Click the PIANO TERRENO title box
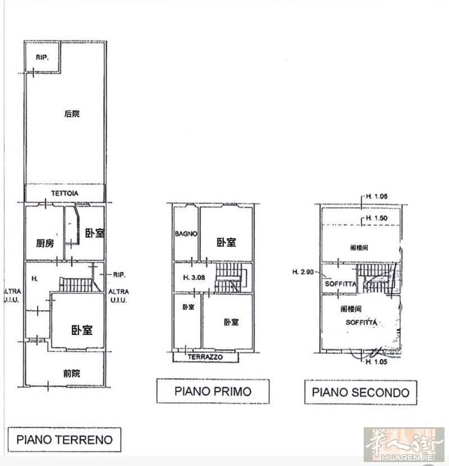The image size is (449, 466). coord(65,439)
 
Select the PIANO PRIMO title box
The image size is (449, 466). coord(213,391)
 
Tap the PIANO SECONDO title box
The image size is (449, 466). coord(360,392)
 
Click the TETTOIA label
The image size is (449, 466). coord(65,193)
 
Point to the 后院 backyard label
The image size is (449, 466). coord(72,114)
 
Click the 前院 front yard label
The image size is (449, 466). coord(71,373)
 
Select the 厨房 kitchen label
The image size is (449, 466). coord(45,243)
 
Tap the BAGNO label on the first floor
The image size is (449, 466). coord(186,234)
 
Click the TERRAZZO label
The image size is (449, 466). coord(205,357)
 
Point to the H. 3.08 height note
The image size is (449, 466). coord(194,278)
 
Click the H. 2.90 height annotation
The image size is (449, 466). coord(303,272)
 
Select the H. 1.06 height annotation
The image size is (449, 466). coord(377,196)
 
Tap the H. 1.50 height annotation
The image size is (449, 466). coord(377,218)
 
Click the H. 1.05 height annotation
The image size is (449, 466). coord(377,361)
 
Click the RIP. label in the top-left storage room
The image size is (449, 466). coord(42,57)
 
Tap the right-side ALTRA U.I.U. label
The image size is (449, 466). coord(118,296)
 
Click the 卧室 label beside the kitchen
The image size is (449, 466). coord(95,233)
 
